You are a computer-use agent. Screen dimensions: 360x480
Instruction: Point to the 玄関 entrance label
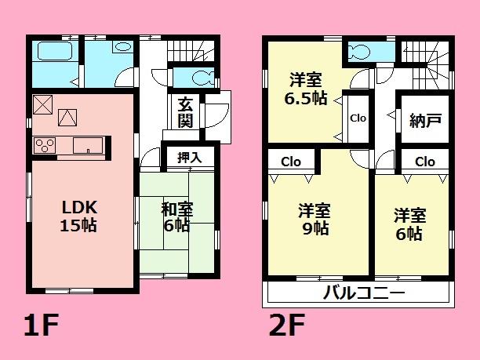pos(185,111)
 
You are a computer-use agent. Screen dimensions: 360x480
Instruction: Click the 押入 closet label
pos(189,157)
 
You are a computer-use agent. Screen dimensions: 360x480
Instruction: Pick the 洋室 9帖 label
pos(313,220)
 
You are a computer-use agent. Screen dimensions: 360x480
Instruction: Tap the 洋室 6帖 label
pos(409,224)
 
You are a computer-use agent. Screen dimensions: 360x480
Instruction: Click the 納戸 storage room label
pos(425,121)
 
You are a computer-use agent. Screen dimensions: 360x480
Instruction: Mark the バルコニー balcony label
pos(363,295)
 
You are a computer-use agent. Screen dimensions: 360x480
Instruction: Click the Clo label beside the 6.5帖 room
pos(358,118)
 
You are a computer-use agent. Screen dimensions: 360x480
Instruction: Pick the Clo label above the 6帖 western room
pos(424,162)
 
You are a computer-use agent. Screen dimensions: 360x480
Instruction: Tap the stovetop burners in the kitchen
pos(45,145)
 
